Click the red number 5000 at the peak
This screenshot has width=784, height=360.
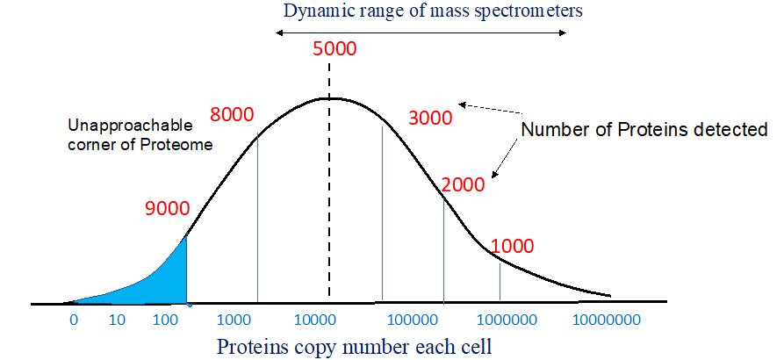coord(334,49)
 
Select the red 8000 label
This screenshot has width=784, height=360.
coord(232,114)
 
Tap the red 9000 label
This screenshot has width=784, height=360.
coord(167,209)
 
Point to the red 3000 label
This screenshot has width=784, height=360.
coord(430,119)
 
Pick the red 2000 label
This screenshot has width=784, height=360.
coord(463,185)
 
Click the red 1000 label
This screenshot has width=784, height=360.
coord(513,247)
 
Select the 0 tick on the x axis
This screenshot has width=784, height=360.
coord(74,320)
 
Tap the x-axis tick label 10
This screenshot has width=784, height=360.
coord(117,320)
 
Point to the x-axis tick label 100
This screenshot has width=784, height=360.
coord(165,320)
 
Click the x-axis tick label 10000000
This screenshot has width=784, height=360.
coord(609,320)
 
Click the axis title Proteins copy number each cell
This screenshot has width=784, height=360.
coord(355,346)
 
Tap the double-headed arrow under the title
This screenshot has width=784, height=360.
coord(421,32)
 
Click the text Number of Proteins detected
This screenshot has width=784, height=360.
coord(644,130)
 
